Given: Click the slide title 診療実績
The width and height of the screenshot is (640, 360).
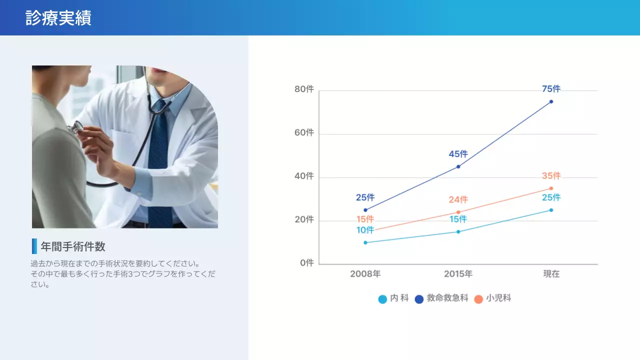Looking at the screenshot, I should click(58, 18).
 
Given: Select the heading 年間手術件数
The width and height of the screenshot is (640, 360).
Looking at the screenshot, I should click(73, 246).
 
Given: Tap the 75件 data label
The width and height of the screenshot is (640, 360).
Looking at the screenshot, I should click(551, 89).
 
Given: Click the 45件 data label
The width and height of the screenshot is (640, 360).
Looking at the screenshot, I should click(458, 154).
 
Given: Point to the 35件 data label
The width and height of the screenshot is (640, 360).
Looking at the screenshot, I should click(551, 176).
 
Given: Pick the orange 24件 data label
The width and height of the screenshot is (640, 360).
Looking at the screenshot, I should click(458, 199).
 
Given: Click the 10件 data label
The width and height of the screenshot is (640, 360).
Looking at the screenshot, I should click(365, 230).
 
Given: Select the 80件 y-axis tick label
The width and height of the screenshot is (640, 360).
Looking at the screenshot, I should click(304, 89).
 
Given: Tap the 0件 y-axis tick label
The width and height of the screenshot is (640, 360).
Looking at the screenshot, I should click(306, 263).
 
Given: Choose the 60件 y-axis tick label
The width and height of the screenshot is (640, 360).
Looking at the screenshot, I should click(304, 133).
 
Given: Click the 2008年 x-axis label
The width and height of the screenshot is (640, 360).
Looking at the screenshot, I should click(365, 274).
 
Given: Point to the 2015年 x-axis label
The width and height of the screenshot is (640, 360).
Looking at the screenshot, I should click(458, 274).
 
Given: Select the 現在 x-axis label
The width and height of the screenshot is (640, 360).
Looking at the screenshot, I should click(551, 274).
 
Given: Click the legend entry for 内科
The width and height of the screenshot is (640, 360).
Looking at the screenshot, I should click(394, 298).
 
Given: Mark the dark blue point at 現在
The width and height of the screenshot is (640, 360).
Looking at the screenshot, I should click(551, 101).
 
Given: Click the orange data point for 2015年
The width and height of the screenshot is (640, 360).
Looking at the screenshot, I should click(458, 212).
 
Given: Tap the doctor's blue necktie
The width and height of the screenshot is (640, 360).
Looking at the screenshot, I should click(159, 160).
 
